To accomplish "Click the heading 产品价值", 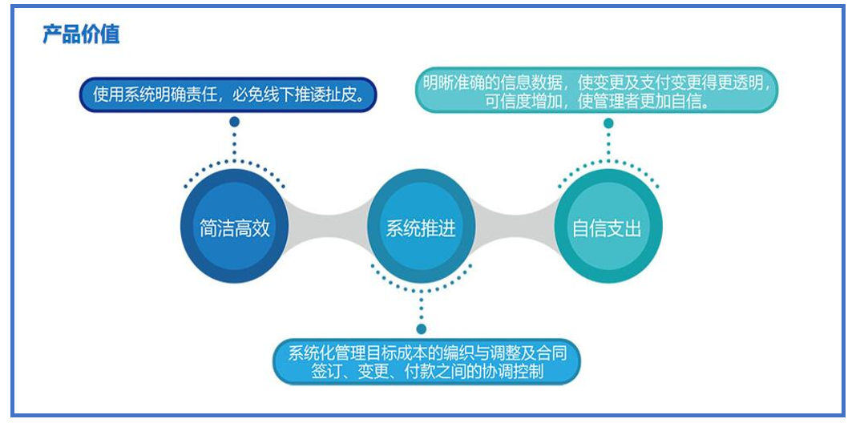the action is (x=81, y=34).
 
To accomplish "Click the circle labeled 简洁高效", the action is (x=235, y=227).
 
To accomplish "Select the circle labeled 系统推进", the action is (x=421, y=227).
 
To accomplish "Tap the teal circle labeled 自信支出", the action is (x=608, y=227).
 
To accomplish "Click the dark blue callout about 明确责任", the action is (x=228, y=95).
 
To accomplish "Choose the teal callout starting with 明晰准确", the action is (x=597, y=91).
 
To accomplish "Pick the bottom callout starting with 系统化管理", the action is (x=427, y=361).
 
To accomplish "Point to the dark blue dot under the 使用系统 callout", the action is (x=235, y=121).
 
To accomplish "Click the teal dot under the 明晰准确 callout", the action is (x=608, y=123).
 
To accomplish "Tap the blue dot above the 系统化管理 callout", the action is (x=422, y=329).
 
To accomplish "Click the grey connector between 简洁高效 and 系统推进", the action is (x=328, y=227).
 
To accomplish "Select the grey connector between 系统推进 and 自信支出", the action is (x=515, y=227).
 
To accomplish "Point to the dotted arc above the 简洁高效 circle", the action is (x=235, y=161).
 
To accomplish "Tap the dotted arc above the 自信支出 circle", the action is (x=608, y=161).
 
